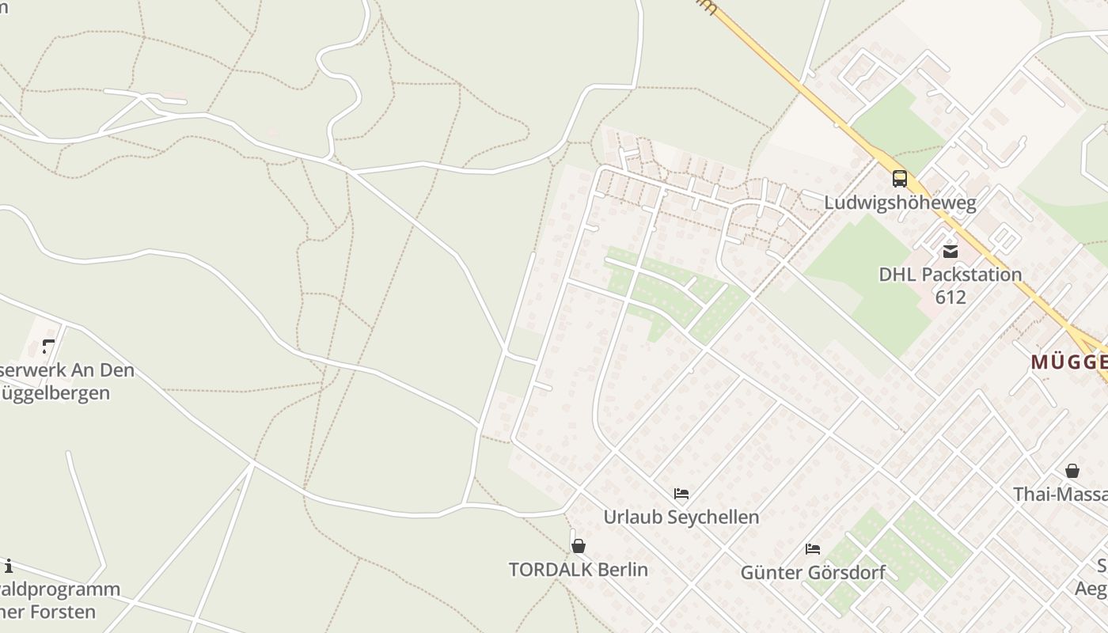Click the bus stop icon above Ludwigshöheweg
pos(900,179)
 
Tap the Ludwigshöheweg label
pos(900,203)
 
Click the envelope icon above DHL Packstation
pos(950,252)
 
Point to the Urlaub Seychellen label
pos(681,517)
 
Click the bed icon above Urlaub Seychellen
pos(681,494)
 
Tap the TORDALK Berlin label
pos(579,570)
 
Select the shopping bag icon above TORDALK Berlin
pos(579,546)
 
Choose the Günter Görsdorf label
pos(812,572)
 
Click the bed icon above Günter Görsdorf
pos(812,548)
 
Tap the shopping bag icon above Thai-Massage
pos(1072,471)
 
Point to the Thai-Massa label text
pos(1061,495)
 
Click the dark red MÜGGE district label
pos(1068,362)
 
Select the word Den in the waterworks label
pos(116,370)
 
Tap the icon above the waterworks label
pos(48,347)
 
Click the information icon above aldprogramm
pos(8,566)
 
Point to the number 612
pos(950,298)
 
